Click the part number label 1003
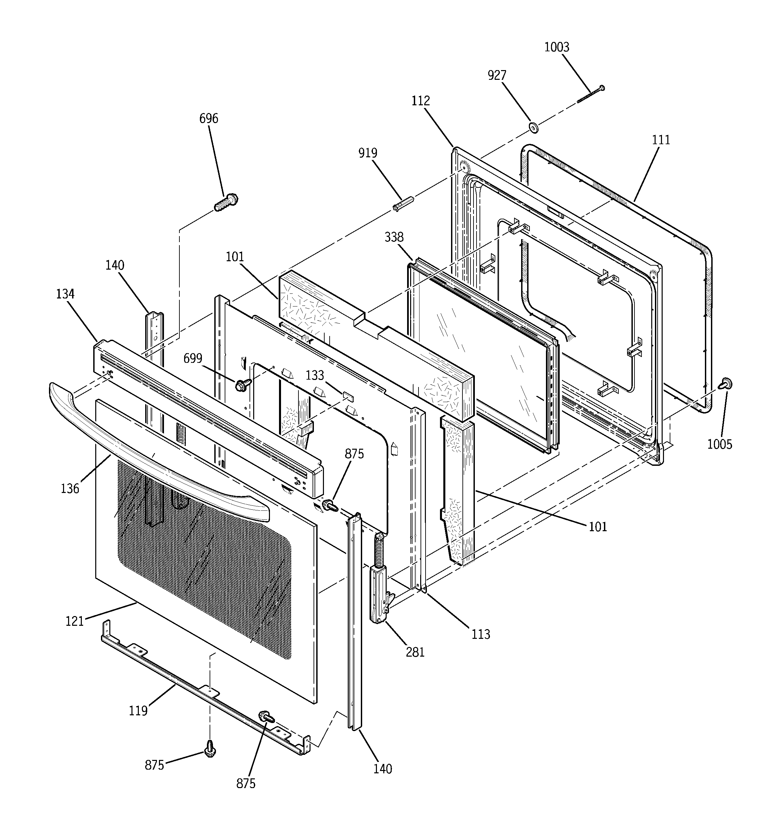tap(557, 47)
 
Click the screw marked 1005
tap(726, 383)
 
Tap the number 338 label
tap(394, 237)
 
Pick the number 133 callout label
tap(315, 375)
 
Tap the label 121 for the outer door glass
tap(75, 621)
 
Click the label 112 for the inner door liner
tap(420, 101)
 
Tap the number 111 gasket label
tap(661, 140)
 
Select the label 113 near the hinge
tap(480, 634)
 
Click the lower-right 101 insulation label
tap(598, 527)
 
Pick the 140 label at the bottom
tap(383, 769)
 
